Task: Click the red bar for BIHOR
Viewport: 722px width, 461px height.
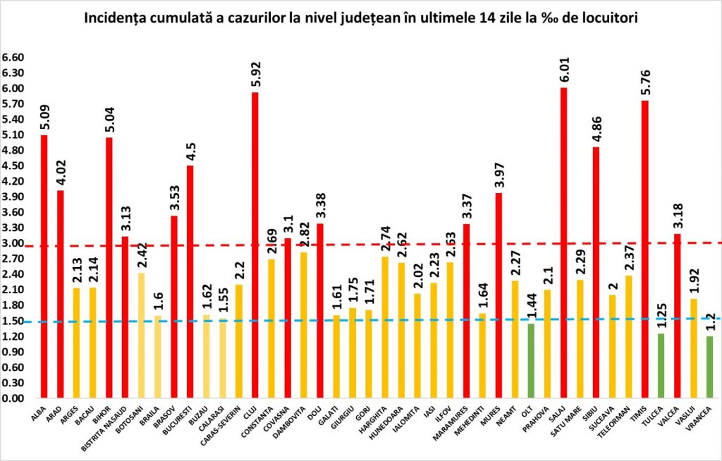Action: point(109,267)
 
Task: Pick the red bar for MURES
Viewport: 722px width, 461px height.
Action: point(499,295)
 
